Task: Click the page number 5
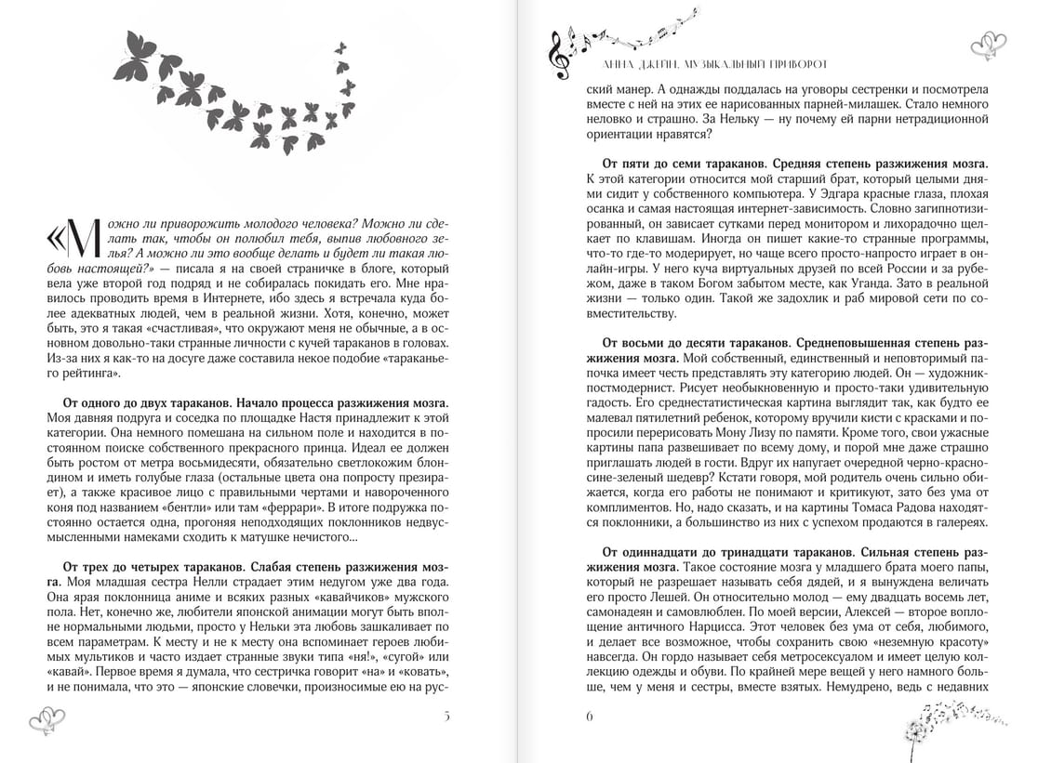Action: (x=446, y=716)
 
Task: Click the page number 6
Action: (x=590, y=716)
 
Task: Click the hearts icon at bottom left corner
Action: (x=47, y=718)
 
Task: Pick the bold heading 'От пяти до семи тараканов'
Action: (x=686, y=161)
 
